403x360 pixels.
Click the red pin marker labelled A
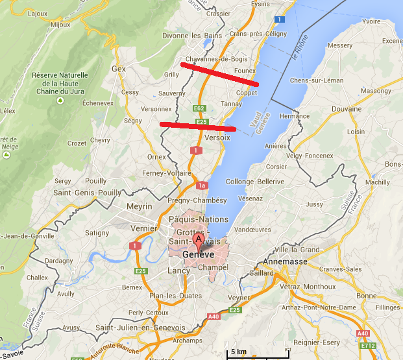pos(198,240)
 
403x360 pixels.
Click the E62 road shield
pos(199,108)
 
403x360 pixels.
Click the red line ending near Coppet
pos(220,75)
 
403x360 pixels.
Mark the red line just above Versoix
pos(197,125)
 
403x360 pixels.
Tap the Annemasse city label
pos(286,262)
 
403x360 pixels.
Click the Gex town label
pos(119,68)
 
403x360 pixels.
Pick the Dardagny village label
pos(60,261)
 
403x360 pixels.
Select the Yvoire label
pos(371,21)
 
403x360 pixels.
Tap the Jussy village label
pos(314,204)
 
